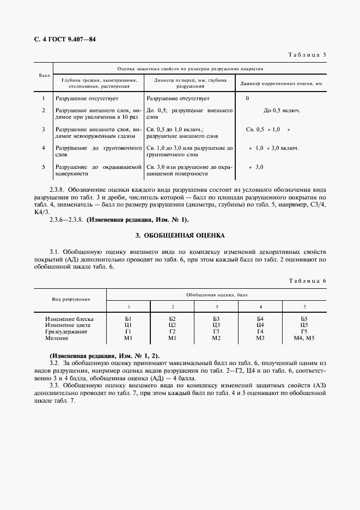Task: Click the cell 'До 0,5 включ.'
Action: (282, 111)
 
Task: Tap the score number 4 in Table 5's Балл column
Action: (44, 148)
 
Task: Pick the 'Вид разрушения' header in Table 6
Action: (71, 299)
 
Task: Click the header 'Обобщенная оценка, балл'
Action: (217, 294)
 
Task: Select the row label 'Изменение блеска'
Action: (70, 318)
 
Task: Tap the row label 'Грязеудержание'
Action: (68, 332)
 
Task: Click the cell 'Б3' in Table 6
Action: (216, 318)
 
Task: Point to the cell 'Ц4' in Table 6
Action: (260, 325)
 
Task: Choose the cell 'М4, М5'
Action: (304, 338)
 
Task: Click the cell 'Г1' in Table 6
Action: (129, 332)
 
